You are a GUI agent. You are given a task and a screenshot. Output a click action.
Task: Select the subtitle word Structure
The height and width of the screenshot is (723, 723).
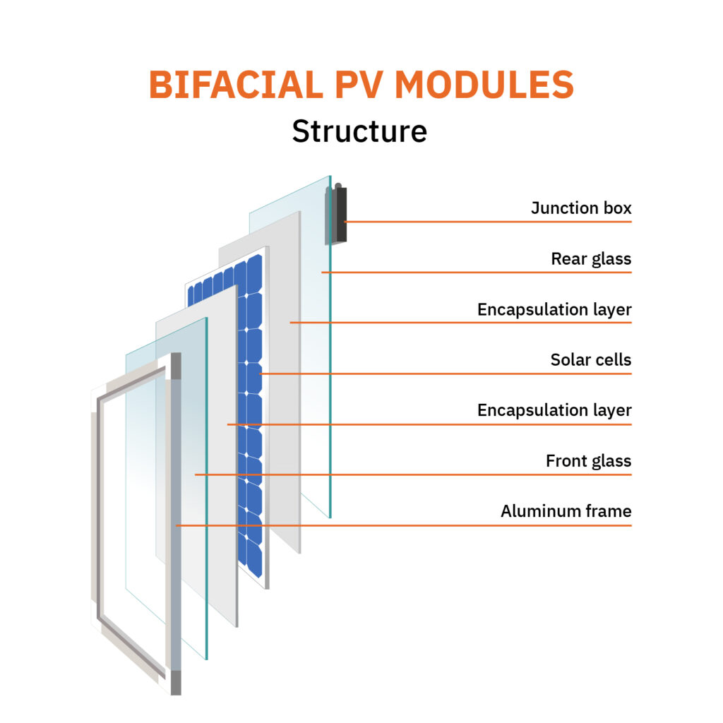click(x=359, y=131)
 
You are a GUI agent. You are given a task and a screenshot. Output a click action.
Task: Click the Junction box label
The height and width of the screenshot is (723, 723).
click(x=581, y=208)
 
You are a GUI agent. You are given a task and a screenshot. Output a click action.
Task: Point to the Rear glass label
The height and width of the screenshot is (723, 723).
click(x=591, y=259)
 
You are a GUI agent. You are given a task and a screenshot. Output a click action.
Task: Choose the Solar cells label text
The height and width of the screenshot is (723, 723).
click(x=591, y=360)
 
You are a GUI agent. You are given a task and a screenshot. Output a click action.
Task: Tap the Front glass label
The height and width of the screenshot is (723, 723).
click(x=588, y=461)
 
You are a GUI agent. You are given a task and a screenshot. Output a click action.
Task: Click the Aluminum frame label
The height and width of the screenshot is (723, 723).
click(x=566, y=511)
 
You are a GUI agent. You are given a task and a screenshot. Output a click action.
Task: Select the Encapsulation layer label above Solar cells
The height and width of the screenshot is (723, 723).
click(x=554, y=309)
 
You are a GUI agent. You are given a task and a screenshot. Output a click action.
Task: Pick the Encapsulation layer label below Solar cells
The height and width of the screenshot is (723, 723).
click(x=554, y=410)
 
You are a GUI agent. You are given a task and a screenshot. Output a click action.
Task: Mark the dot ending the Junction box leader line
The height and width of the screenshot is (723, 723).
click(x=345, y=222)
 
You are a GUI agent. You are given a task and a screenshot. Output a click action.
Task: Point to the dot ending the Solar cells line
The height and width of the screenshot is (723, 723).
click(x=261, y=373)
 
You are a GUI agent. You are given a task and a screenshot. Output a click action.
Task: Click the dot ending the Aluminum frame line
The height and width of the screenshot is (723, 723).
click(x=177, y=525)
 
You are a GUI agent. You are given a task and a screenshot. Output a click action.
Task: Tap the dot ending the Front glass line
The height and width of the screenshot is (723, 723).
click(x=196, y=474)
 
